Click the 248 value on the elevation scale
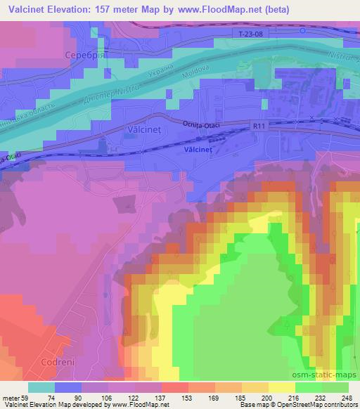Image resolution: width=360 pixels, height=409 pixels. [x=347, y=397]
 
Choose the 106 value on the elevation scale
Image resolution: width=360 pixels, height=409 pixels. [x=105, y=397]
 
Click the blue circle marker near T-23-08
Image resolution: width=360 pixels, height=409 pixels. [x=302, y=30]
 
